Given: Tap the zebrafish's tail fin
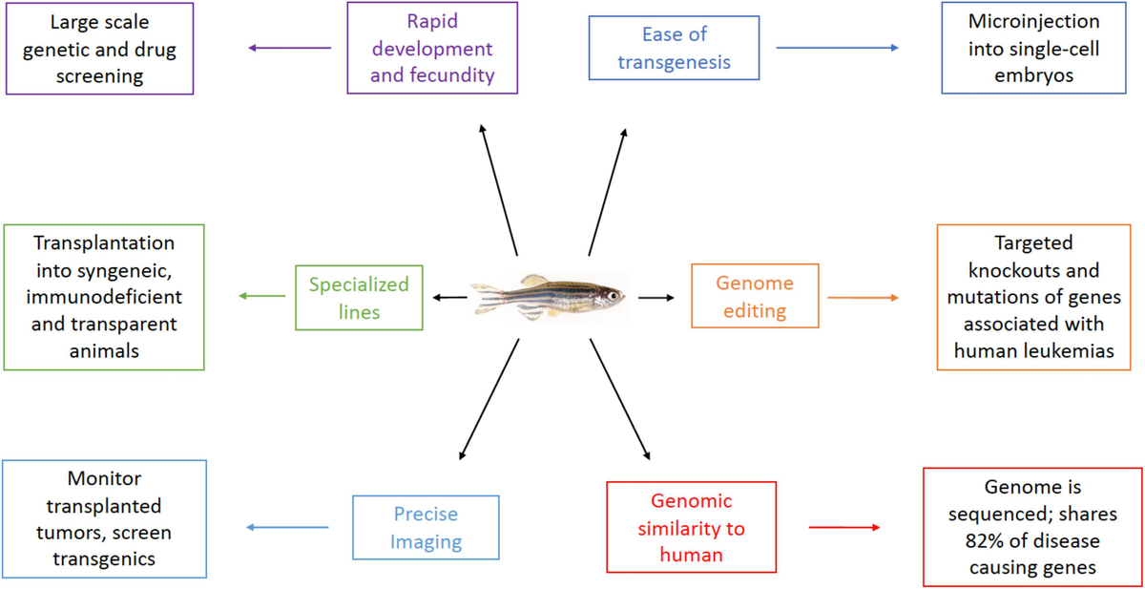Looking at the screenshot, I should click(486, 297).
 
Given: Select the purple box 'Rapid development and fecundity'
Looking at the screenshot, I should click(432, 48).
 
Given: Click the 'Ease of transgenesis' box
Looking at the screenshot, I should click(674, 48).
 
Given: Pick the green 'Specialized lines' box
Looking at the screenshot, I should click(358, 298).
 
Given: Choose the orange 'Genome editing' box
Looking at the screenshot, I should click(755, 297).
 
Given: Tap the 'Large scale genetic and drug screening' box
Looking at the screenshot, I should click(99, 49).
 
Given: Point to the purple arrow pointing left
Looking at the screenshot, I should click(289, 48).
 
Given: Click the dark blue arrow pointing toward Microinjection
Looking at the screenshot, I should click(837, 48).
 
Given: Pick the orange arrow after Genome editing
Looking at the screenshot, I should click(863, 298).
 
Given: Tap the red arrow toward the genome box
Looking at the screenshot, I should click(843, 527).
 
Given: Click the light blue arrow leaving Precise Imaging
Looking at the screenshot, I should click(286, 528).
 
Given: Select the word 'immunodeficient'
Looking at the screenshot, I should click(105, 297).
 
